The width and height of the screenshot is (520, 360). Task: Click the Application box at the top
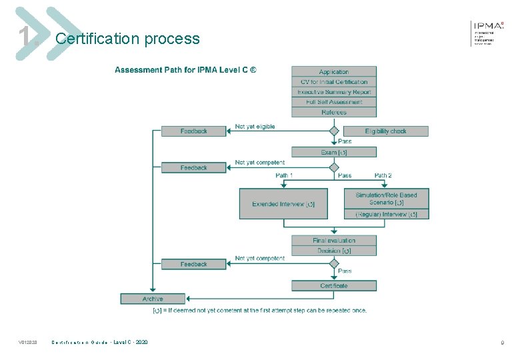tap(333, 72)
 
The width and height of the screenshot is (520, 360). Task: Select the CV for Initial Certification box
tap(333, 82)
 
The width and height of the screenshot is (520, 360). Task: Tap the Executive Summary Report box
tap(333, 92)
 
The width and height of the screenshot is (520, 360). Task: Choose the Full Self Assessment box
tap(333, 102)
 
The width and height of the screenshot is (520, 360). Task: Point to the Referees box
tap(333, 112)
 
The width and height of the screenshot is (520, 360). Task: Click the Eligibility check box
tap(386, 131)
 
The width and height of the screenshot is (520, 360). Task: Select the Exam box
tap(333, 153)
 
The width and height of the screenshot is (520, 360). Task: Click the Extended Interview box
tap(283, 204)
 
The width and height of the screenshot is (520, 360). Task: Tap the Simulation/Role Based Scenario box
tap(386, 199)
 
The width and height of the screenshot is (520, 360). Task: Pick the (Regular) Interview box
tap(386, 214)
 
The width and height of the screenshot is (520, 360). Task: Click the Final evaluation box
tap(333, 241)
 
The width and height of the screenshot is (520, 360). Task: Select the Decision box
tap(333, 251)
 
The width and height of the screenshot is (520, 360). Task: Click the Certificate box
tap(333, 286)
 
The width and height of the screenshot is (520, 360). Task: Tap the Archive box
tap(153, 299)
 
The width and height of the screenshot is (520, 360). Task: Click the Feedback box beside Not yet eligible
tap(194, 131)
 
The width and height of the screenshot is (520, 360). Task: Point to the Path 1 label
tap(285, 175)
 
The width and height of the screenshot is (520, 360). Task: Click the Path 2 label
tap(383, 175)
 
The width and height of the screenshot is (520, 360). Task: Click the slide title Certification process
tap(127, 39)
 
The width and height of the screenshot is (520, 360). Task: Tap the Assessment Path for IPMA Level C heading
tap(185, 70)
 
